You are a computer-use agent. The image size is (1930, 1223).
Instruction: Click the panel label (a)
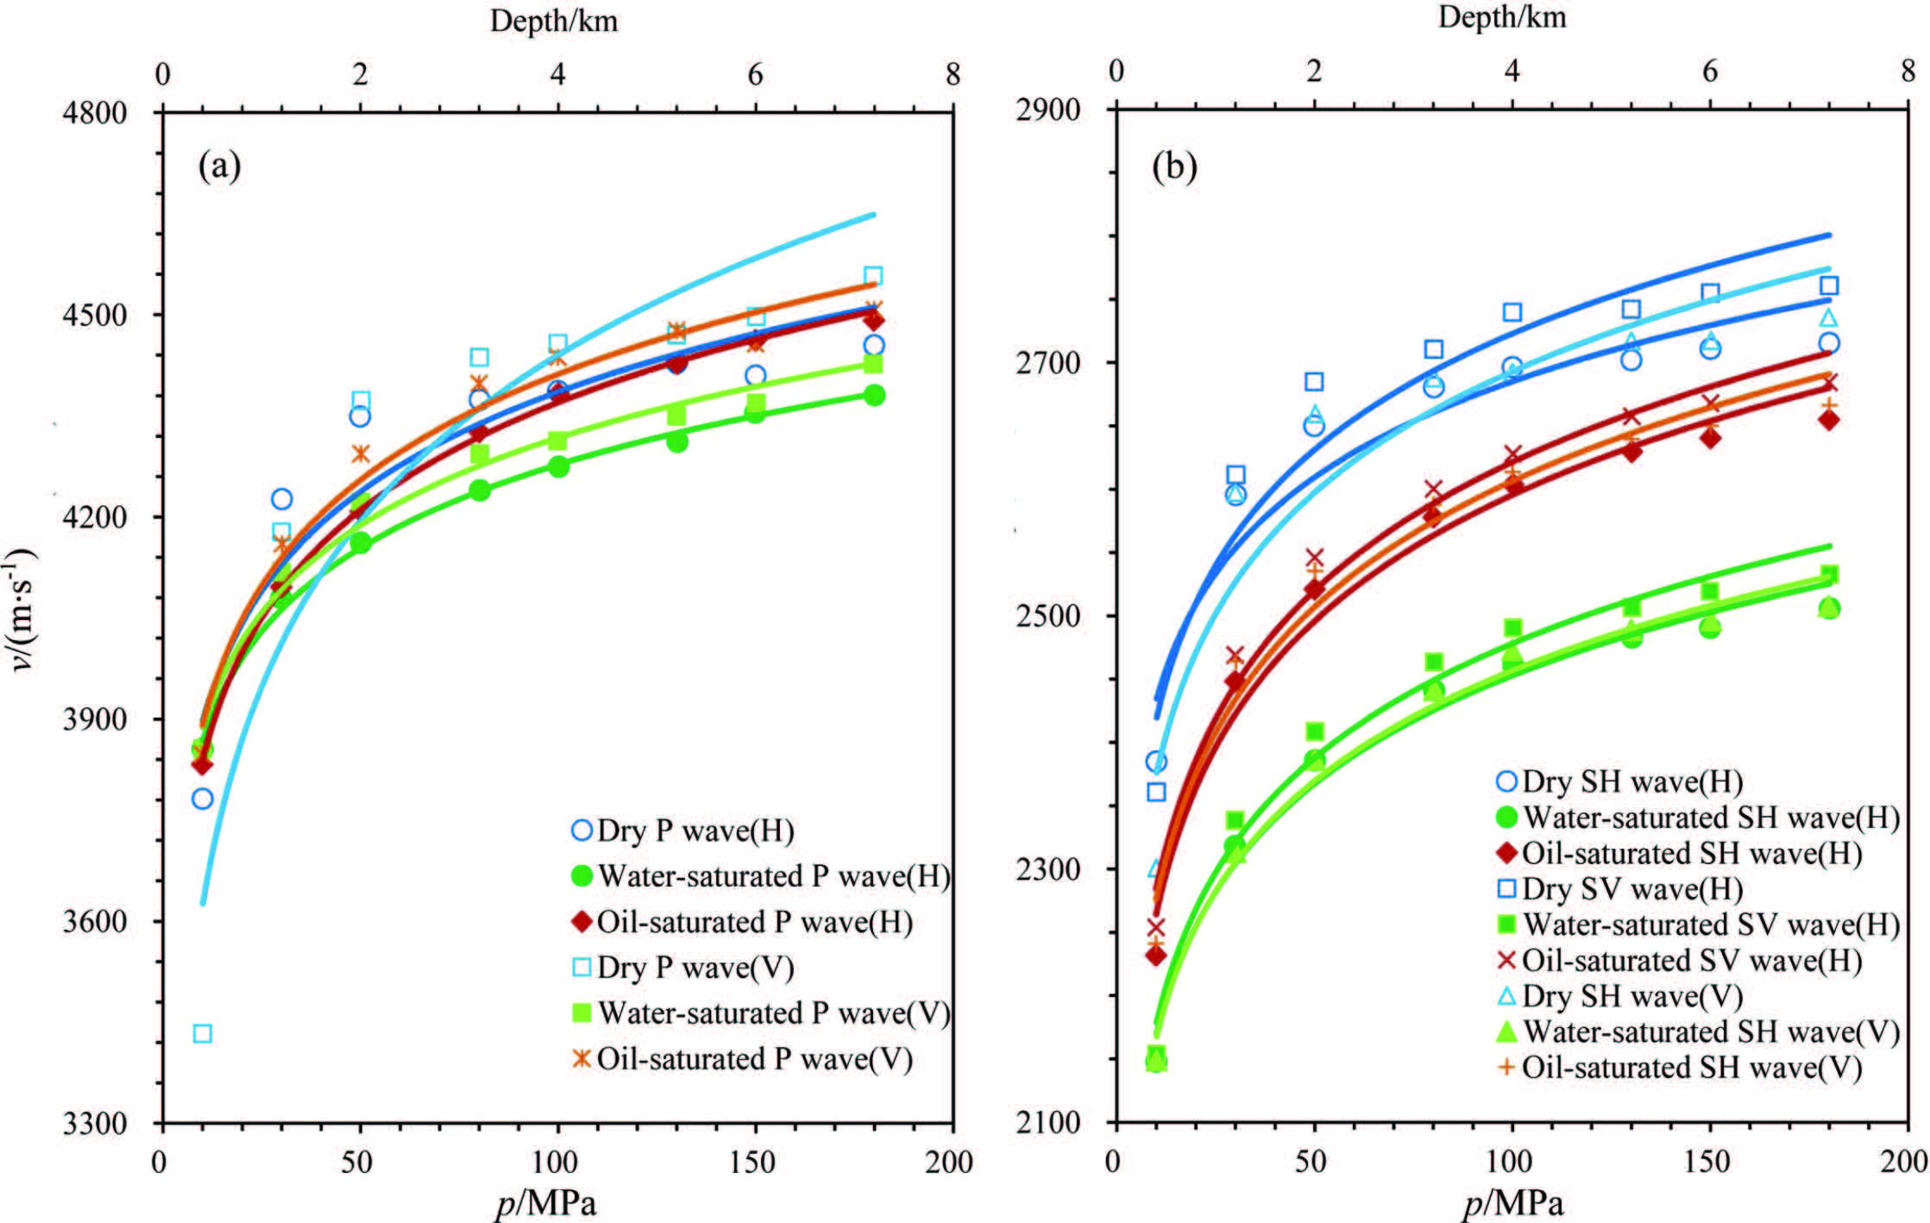tap(219, 165)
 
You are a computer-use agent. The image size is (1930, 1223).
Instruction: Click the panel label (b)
tap(1174, 166)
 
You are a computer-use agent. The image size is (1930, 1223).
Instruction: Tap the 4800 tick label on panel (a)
tap(94, 112)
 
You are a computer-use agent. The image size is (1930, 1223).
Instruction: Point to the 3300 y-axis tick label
tap(94, 1123)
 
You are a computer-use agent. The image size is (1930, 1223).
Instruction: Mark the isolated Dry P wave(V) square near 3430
tap(203, 1033)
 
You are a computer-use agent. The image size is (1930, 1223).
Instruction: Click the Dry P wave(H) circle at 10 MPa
tap(203, 799)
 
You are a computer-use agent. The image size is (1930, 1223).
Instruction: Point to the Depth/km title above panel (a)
tap(554, 21)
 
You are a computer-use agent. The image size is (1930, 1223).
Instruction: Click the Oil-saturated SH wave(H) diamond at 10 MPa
tap(1156, 956)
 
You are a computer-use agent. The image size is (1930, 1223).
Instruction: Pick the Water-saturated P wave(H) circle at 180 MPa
tap(874, 395)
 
